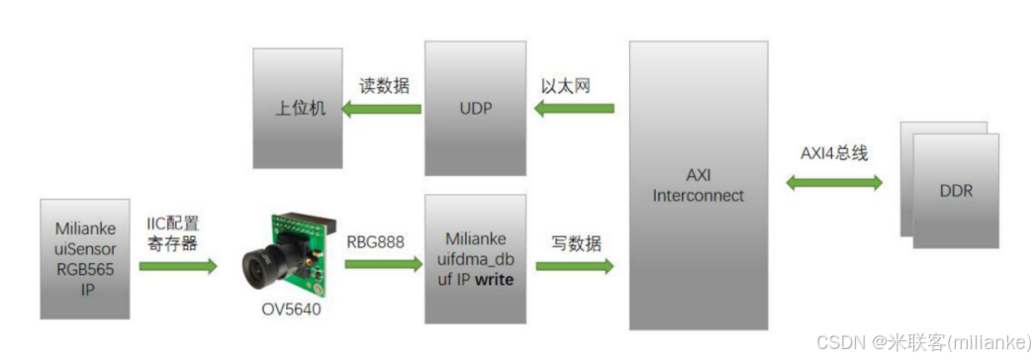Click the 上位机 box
[x=295, y=107]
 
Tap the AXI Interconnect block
[x=698, y=185]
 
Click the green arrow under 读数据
[x=382, y=109]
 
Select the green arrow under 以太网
[x=575, y=109]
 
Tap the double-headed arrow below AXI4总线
[x=834, y=183]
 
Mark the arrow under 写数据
[x=574, y=265]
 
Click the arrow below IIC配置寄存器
[x=178, y=265]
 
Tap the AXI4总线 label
[x=834, y=154]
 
